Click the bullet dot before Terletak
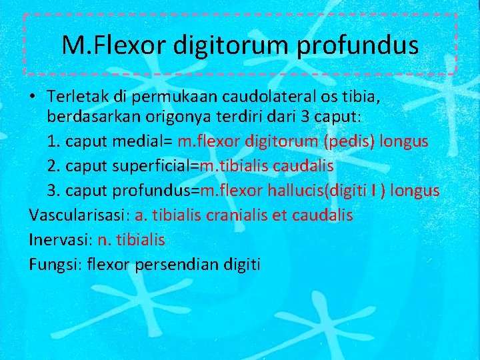pyautogui.click(x=33, y=97)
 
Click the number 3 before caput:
pyautogui.click(x=303, y=117)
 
